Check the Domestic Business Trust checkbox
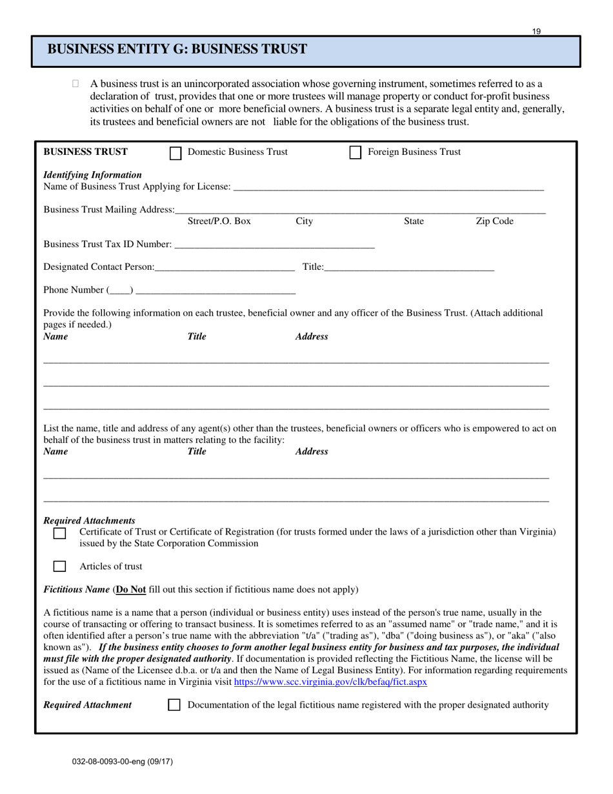coord(175,153)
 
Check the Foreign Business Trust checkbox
coord(355,153)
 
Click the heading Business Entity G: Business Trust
coord(177,50)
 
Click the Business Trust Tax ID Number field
coord(274,245)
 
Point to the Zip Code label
coord(494,221)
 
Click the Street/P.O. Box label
coord(219,221)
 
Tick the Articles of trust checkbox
coord(59,567)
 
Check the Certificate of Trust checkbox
coord(59,533)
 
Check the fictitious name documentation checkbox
coord(174,706)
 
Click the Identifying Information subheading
coord(92,175)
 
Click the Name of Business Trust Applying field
coord(388,187)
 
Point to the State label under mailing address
coord(414,221)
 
